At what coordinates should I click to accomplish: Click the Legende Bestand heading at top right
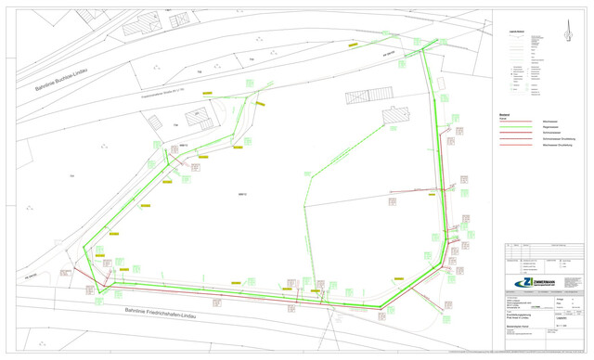pos(515,32)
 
